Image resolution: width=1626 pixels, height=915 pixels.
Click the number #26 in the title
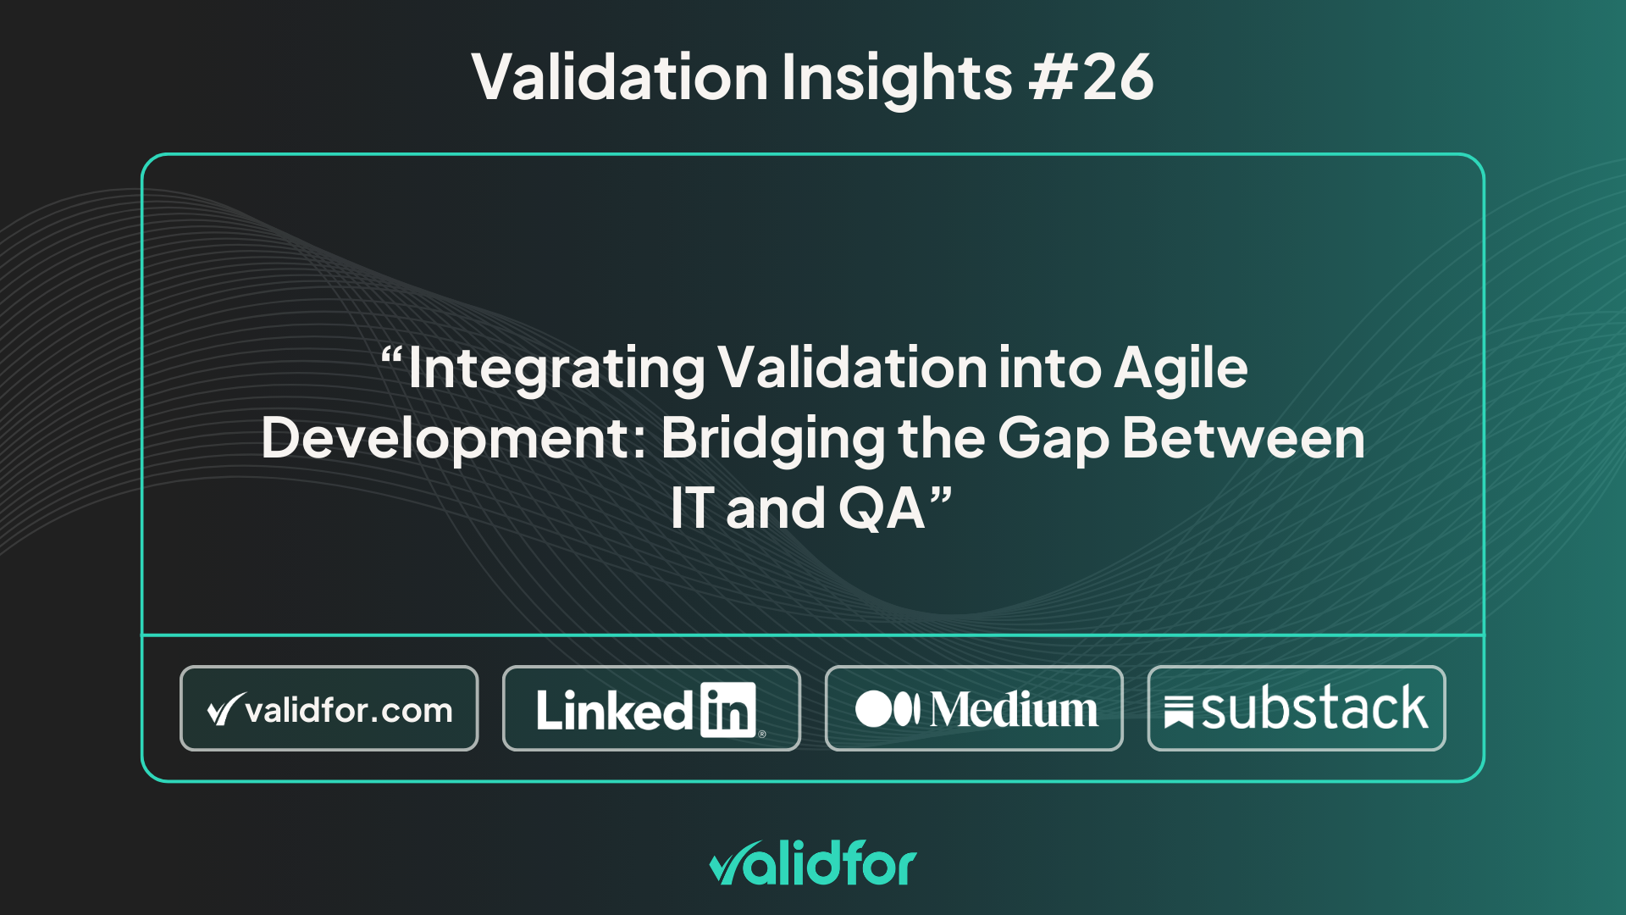[1091, 77]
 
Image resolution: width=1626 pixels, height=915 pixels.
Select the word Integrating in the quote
[556, 370]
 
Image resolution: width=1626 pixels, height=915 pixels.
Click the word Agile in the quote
[1181, 370]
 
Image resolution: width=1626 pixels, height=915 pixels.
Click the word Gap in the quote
[1054, 441]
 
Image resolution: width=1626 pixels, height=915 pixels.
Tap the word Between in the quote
[1243, 438]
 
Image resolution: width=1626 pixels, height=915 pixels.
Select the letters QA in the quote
[881, 508]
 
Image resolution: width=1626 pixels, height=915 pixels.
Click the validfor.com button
[329, 708]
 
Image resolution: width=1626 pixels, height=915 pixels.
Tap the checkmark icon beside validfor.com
[225, 710]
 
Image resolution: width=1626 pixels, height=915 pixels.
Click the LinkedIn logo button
[651, 708]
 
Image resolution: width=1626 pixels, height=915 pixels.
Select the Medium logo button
[974, 708]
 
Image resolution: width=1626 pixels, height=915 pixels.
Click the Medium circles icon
[888, 709]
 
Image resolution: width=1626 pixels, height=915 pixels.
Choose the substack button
[1297, 708]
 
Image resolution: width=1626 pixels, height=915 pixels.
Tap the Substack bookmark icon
[1179, 712]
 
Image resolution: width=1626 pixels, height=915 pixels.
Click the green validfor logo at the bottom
[813, 863]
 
